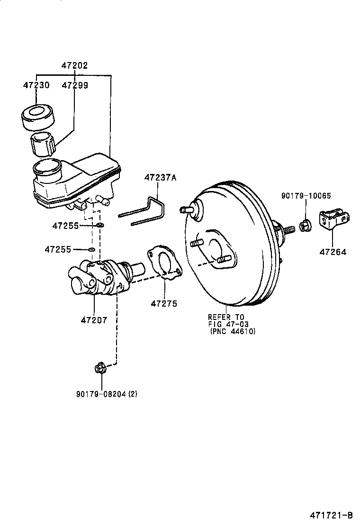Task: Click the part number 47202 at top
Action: (x=74, y=66)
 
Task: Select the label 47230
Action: (x=36, y=85)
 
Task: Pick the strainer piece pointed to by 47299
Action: (x=43, y=144)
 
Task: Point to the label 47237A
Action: (x=160, y=178)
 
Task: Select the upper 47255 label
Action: (x=65, y=226)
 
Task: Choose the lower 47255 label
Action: (x=58, y=249)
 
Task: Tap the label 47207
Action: (x=94, y=320)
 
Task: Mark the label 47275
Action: (x=164, y=303)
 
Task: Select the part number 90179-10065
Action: (x=305, y=195)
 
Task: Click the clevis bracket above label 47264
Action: (x=334, y=220)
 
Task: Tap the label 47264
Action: (x=333, y=252)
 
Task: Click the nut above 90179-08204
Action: (x=100, y=367)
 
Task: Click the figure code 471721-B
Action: (x=331, y=515)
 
